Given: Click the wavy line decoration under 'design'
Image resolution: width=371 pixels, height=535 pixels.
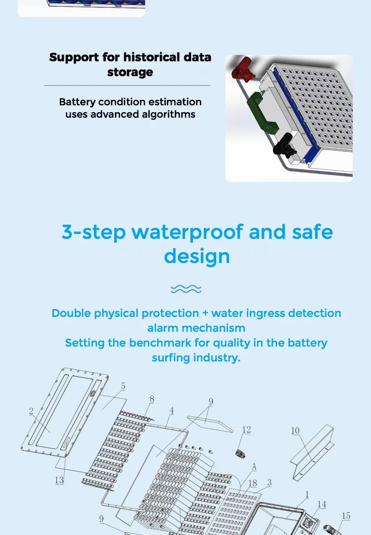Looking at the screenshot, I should click(185, 289).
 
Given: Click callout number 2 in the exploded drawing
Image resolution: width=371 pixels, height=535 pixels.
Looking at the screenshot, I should click(31, 411).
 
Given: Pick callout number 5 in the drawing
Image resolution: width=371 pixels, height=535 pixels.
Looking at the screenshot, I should click(123, 386).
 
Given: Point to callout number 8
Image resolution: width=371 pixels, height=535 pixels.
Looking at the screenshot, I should click(152, 399).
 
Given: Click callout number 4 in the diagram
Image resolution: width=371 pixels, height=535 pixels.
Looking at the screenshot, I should click(171, 411).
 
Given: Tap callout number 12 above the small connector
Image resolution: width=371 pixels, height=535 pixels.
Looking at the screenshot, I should click(246, 430).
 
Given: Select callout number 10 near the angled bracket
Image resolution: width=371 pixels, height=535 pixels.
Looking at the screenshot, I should click(295, 431).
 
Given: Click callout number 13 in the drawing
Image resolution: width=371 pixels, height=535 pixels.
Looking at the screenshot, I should click(59, 480).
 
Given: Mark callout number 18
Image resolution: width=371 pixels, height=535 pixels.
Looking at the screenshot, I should click(252, 483).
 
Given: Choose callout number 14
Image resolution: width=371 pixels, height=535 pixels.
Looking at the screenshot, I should click(322, 504).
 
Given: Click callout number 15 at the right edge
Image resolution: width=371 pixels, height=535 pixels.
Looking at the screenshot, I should click(346, 516).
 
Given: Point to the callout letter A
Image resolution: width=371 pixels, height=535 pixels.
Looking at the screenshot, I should click(254, 467).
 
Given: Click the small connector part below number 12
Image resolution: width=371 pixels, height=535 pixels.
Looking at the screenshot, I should click(242, 453).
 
